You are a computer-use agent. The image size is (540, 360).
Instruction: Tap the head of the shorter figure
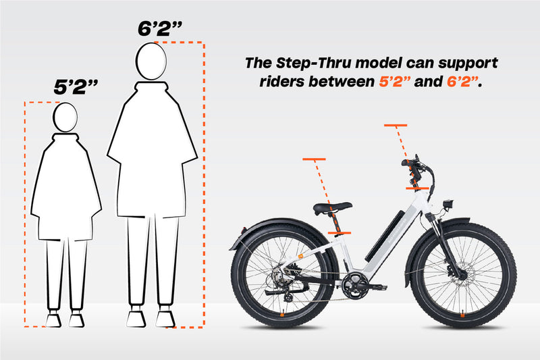pos(65,117)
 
